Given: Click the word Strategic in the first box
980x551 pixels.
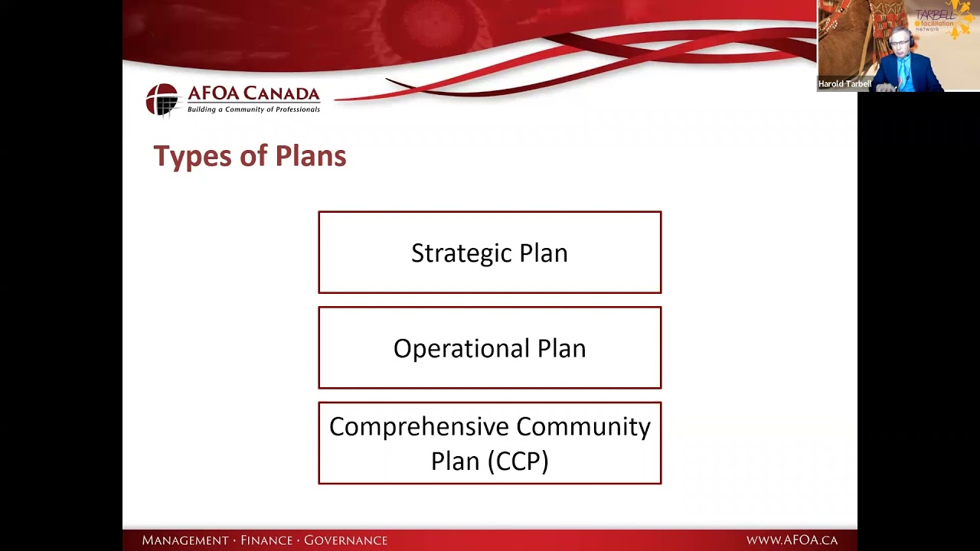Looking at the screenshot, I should (x=449, y=253).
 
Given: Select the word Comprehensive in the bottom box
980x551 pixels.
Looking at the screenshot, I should (x=419, y=427).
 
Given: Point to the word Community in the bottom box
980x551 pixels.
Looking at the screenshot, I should (x=583, y=427).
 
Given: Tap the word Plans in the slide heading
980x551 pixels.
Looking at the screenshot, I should (x=310, y=157).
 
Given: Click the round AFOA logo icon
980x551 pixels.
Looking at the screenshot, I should (x=162, y=99).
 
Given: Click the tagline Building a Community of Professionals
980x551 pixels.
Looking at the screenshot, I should (x=253, y=109).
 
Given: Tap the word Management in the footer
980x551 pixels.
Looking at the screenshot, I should (x=185, y=540).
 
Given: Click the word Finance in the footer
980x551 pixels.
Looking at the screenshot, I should (x=266, y=540).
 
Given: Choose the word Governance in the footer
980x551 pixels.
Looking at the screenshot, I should (x=345, y=540).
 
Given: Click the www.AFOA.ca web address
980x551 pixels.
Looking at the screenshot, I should (x=792, y=540).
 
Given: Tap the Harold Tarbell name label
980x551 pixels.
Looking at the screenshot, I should (x=844, y=84).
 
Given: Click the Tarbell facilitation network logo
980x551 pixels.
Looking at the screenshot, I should (x=940, y=20).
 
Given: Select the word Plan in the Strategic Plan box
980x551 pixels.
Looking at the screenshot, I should (x=544, y=253).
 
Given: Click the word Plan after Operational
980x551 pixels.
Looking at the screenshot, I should (x=561, y=349).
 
